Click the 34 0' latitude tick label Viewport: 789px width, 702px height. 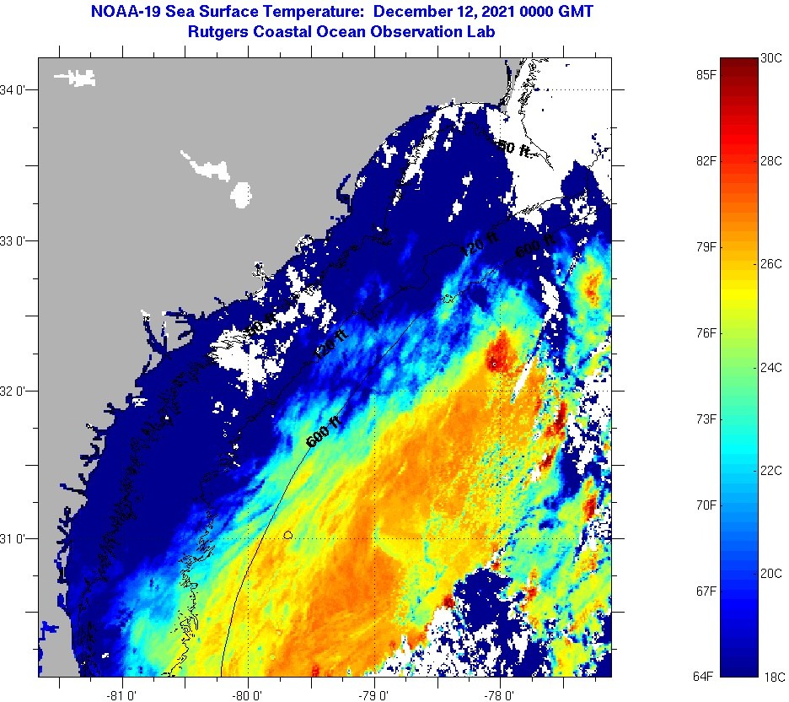[14, 89]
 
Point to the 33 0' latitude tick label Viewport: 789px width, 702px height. [14, 240]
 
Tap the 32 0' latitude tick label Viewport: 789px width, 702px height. [14, 391]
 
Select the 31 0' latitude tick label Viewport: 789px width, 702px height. [14, 538]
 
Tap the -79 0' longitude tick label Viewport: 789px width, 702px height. [374, 695]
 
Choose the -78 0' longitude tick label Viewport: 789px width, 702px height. [500, 695]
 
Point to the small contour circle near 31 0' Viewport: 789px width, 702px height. [288, 534]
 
